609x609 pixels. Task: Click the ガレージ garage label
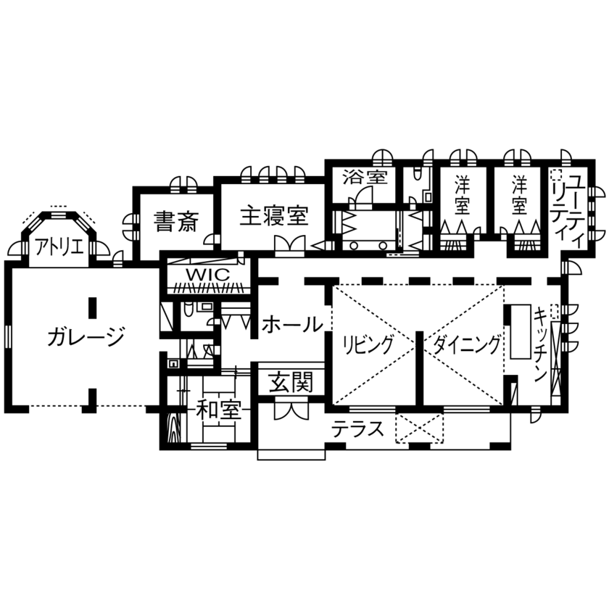pos(86,336)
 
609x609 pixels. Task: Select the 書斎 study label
pos(175,220)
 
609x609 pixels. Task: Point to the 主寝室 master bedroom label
pos(274,215)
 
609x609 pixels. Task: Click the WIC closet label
pos(207,275)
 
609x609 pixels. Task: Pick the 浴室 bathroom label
pos(365,177)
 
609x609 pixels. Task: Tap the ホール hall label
pos(292,324)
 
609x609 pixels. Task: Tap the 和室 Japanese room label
pos(218,411)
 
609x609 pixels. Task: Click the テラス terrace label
pos(357,429)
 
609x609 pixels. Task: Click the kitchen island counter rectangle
pos(521,331)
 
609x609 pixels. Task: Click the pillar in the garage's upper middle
pos(92,307)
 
